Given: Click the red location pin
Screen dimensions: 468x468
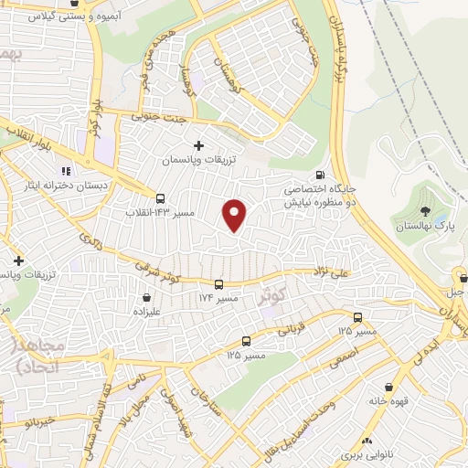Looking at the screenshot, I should click(x=235, y=215).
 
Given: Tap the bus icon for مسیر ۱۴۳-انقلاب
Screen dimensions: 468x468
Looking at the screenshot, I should click(x=161, y=198).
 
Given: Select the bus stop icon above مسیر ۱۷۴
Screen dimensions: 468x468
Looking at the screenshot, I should click(x=218, y=284).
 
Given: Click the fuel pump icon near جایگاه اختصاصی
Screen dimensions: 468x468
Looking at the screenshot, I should click(x=318, y=175).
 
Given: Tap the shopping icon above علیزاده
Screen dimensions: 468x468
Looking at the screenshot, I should click(x=147, y=296).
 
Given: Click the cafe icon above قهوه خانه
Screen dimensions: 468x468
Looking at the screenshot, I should click(x=400, y=387).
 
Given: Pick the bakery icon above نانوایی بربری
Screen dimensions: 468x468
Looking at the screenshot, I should click(x=367, y=440).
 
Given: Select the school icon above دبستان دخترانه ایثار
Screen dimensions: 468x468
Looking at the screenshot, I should click(x=65, y=170).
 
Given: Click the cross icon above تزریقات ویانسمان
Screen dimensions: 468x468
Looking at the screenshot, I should click(x=199, y=145).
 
